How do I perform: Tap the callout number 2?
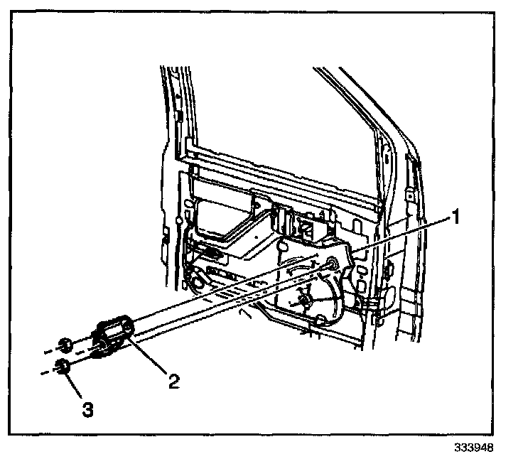coord(172,381)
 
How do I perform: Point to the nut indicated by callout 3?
coord(63,367)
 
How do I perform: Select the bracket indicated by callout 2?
coord(114,335)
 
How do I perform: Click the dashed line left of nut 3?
coord(47,371)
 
